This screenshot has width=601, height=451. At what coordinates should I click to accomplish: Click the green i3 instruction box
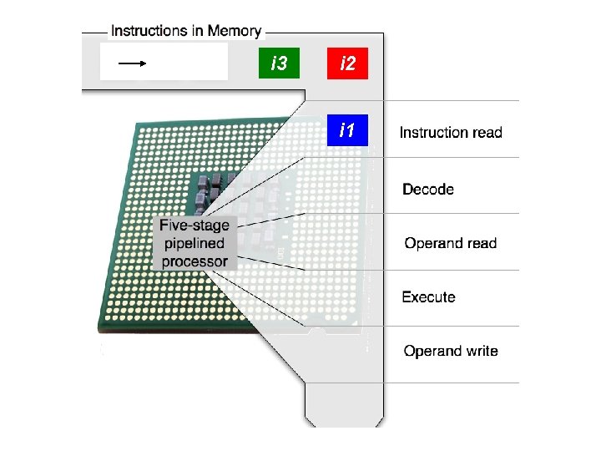[x=280, y=63]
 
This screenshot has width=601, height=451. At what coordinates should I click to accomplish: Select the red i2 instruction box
[x=347, y=63]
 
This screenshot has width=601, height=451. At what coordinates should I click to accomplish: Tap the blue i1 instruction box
[x=347, y=130]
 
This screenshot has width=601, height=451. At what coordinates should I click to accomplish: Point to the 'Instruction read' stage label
[x=451, y=133]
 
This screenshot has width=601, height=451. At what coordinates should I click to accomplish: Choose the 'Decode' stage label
[x=428, y=190]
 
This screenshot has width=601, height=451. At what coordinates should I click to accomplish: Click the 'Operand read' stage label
[x=451, y=244]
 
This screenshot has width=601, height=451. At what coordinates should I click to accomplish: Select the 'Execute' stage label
[x=428, y=297]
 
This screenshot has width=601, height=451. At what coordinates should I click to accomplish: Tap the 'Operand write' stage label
[x=451, y=351]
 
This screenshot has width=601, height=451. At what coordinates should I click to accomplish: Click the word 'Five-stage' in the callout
[x=194, y=225]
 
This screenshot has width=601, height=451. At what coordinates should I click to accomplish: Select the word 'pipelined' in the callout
[x=194, y=243]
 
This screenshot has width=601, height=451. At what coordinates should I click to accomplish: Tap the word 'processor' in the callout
[x=194, y=261]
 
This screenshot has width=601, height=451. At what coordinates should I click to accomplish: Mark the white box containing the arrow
[x=164, y=62]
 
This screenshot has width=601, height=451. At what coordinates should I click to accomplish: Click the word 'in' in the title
[x=197, y=32]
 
